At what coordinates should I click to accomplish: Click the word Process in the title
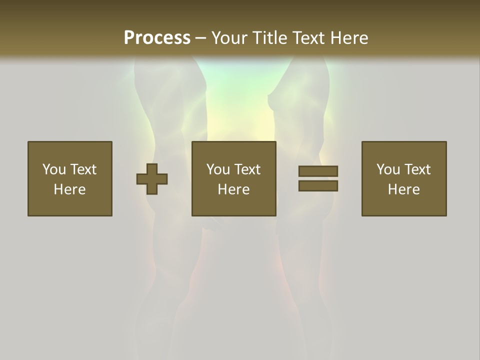[157, 38]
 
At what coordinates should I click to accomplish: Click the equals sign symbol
[318, 178]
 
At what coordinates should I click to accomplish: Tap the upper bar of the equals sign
[318, 171]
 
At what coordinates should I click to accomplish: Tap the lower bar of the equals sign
[318, 186]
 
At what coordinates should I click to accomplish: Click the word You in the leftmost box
[54, 169]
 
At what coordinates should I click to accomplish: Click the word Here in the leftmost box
[70, 189]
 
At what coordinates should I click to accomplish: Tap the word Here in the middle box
[234, 189]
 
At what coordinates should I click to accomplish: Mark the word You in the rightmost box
[388, 169]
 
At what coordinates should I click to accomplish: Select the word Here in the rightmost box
[404, 189]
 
